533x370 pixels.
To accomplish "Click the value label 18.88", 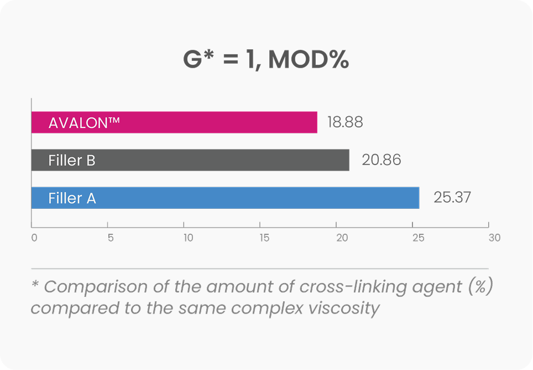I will pyautogui.click(x=345, y=122).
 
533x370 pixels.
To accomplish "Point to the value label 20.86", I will pyautogui.click(x=381, y=160).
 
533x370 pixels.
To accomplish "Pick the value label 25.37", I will pyautogui.click(x=452, y=198).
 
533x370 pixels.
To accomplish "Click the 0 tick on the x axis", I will pyautogui.click(x=34, y=238).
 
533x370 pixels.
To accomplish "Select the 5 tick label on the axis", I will pyautogui.click(x=111, y=238).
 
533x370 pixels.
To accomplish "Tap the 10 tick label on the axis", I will pyautogui.click(x=188, y=238).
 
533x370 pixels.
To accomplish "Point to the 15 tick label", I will pyautogui.click(x=264, y=238).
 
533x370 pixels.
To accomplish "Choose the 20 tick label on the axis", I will pyautogui.click(x=342, y=238).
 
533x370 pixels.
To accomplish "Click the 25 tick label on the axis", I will pyautogui.click(x=418, y=238).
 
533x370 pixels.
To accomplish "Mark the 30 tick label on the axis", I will pyautogui.click(x=494, y=238).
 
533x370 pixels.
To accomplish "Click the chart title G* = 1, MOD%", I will pyautogui.click(x=266, y=60).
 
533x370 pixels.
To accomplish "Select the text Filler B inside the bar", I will pyautogui.click(x=72, y=161).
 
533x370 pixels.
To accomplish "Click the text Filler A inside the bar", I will pyautogui.click(x=72, y=198).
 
